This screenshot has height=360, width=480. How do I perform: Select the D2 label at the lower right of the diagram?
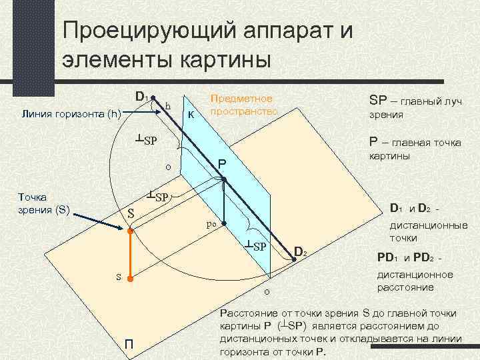coord(301,251)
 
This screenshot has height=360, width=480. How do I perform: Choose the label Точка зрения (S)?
coord(44,204)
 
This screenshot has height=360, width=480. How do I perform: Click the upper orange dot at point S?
coord(131,231)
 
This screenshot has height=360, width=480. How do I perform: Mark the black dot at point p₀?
coord(225,225)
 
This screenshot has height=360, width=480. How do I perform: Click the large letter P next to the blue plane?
coord(222,165)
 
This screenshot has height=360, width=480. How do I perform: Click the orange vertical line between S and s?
coord(131,254)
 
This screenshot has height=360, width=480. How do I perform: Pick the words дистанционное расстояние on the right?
coord(415,281)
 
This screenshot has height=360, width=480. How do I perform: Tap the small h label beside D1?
coord(168,106)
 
